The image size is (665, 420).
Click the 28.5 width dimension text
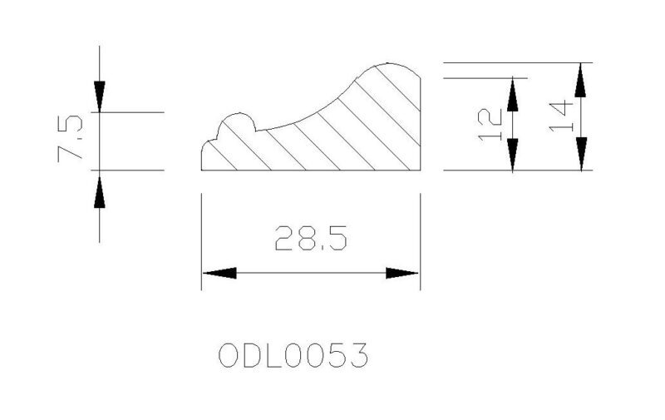(311, 238)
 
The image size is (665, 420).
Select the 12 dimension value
(490, 124)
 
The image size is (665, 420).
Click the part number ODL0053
(293, 355)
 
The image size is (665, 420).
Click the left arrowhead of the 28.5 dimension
(219, 273)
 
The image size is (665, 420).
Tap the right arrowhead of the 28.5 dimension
(402, 273)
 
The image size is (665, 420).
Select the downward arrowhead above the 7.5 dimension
(100, 96)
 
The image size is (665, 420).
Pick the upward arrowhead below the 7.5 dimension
(100, 192)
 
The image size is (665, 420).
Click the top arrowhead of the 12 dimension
(513, 95)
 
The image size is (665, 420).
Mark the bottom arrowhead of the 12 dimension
(513, 154)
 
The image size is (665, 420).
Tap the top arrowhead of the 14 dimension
(580, 80)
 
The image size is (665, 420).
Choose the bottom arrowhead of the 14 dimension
(581, 154)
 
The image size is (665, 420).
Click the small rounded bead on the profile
(238, 114)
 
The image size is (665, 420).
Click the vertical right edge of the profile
(421, 124)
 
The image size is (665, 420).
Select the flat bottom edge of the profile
(311, 170)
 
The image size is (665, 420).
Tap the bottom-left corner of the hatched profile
(201, 170)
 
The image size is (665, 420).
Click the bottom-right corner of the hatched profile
(421, 170)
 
